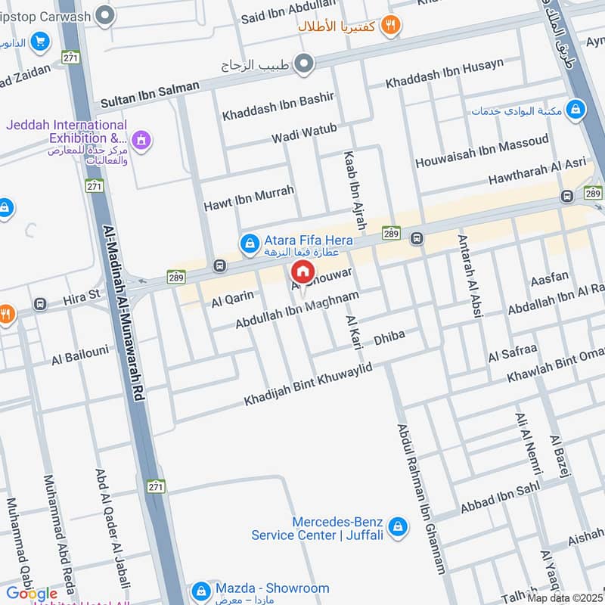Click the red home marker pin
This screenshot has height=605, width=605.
pos(301,271)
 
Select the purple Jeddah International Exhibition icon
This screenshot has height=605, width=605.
pos(140,139)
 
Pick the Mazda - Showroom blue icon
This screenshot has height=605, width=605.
pos(200,589)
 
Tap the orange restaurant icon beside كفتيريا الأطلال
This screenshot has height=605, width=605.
pos(390,26)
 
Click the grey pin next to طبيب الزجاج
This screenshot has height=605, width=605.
pos(305,64)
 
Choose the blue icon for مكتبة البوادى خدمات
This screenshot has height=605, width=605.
pos(577,110)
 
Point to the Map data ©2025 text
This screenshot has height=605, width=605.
pos(565,597)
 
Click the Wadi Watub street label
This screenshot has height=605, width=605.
pos(305,135)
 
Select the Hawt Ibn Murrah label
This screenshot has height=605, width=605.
pos(248,199)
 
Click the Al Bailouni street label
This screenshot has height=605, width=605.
pos(80,354)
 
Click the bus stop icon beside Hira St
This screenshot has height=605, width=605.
pos(40,304)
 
